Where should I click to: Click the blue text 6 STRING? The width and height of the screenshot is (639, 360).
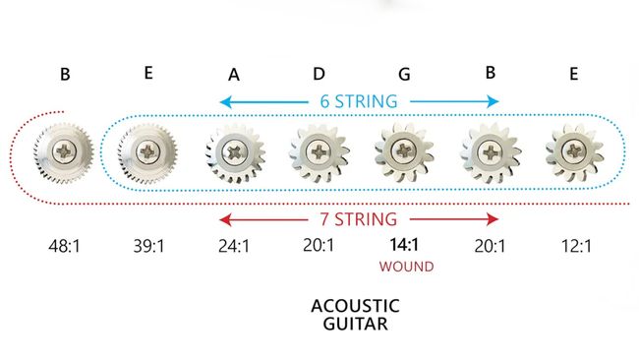pyautogui.click(x=359, y=101)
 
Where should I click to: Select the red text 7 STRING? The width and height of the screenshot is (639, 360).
pyautogui.click(x=359, y=217)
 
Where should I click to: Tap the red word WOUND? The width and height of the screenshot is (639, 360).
pyautogui.click(x=403, y=265)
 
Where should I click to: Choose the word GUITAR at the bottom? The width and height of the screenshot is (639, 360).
pyautogui.click(x=359, y=324)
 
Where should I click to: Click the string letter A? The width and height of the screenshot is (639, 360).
pyautogui.click(x=234, y=75)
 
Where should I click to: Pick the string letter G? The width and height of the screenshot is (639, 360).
pyautogui.click(x=403, y=75)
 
